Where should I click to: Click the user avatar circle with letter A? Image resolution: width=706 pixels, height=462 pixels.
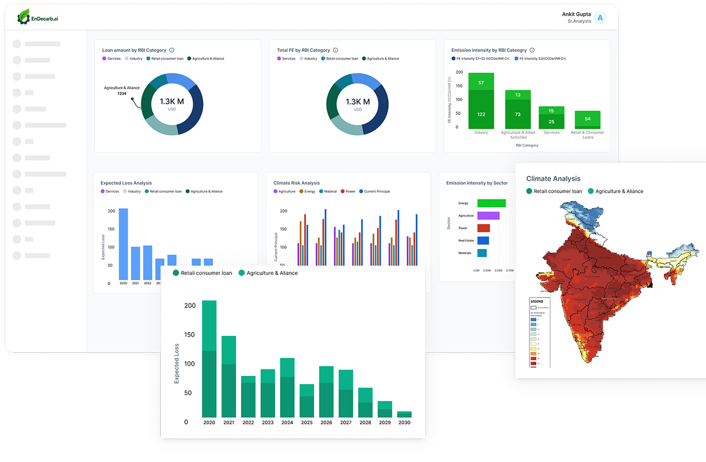point(599,18)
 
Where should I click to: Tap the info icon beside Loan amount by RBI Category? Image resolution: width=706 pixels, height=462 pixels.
point(172,50)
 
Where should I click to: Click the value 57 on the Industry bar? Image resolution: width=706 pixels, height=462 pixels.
point(481,83)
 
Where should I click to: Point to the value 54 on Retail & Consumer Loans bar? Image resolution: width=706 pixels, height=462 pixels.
point(588,119)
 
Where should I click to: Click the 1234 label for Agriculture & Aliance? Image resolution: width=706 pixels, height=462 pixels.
point(122,94)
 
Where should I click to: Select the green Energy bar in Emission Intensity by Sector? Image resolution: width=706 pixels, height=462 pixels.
point(491,203)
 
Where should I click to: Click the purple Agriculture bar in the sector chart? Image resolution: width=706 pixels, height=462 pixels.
point(488,215)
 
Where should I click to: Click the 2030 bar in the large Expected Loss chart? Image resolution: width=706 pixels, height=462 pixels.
point(404,414)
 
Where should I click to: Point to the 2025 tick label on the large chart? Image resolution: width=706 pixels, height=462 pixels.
point(306,423)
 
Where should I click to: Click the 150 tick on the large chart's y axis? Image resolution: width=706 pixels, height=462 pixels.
point(189,335)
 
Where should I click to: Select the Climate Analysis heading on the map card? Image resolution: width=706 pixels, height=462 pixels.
point(553,179)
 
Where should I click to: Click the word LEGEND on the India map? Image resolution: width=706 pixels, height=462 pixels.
point(537,301)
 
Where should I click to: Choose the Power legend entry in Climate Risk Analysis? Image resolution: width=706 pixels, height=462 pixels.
point(348,192)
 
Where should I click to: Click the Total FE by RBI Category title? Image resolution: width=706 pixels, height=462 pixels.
point(303,50)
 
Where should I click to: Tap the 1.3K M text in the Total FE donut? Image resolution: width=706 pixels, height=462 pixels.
point(357,102)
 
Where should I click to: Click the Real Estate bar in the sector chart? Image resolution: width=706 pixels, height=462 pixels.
point(483,240)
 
